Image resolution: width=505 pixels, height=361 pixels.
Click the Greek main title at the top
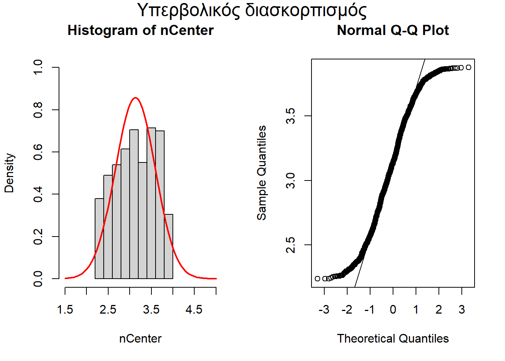[252, 11]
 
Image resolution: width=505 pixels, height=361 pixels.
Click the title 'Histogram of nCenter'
[141, 30]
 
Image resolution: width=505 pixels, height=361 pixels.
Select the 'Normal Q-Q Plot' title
[393, 30]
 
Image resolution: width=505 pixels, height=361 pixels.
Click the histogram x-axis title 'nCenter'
[140, 338]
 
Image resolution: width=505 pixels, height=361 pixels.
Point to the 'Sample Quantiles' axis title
[262, 173]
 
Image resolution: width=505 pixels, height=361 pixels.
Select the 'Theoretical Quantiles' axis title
[393, 338]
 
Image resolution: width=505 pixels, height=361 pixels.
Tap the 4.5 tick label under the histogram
[194, 310]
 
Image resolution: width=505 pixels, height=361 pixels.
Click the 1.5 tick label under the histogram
[65, 310]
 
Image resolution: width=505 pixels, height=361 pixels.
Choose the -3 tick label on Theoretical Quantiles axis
[324, 310]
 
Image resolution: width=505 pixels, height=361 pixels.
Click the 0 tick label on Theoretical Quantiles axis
[393, 310]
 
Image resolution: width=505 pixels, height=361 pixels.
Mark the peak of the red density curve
[136, 98]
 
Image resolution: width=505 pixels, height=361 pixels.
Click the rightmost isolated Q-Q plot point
[468, 67]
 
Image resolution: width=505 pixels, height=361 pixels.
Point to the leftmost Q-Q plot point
[318, 279]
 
